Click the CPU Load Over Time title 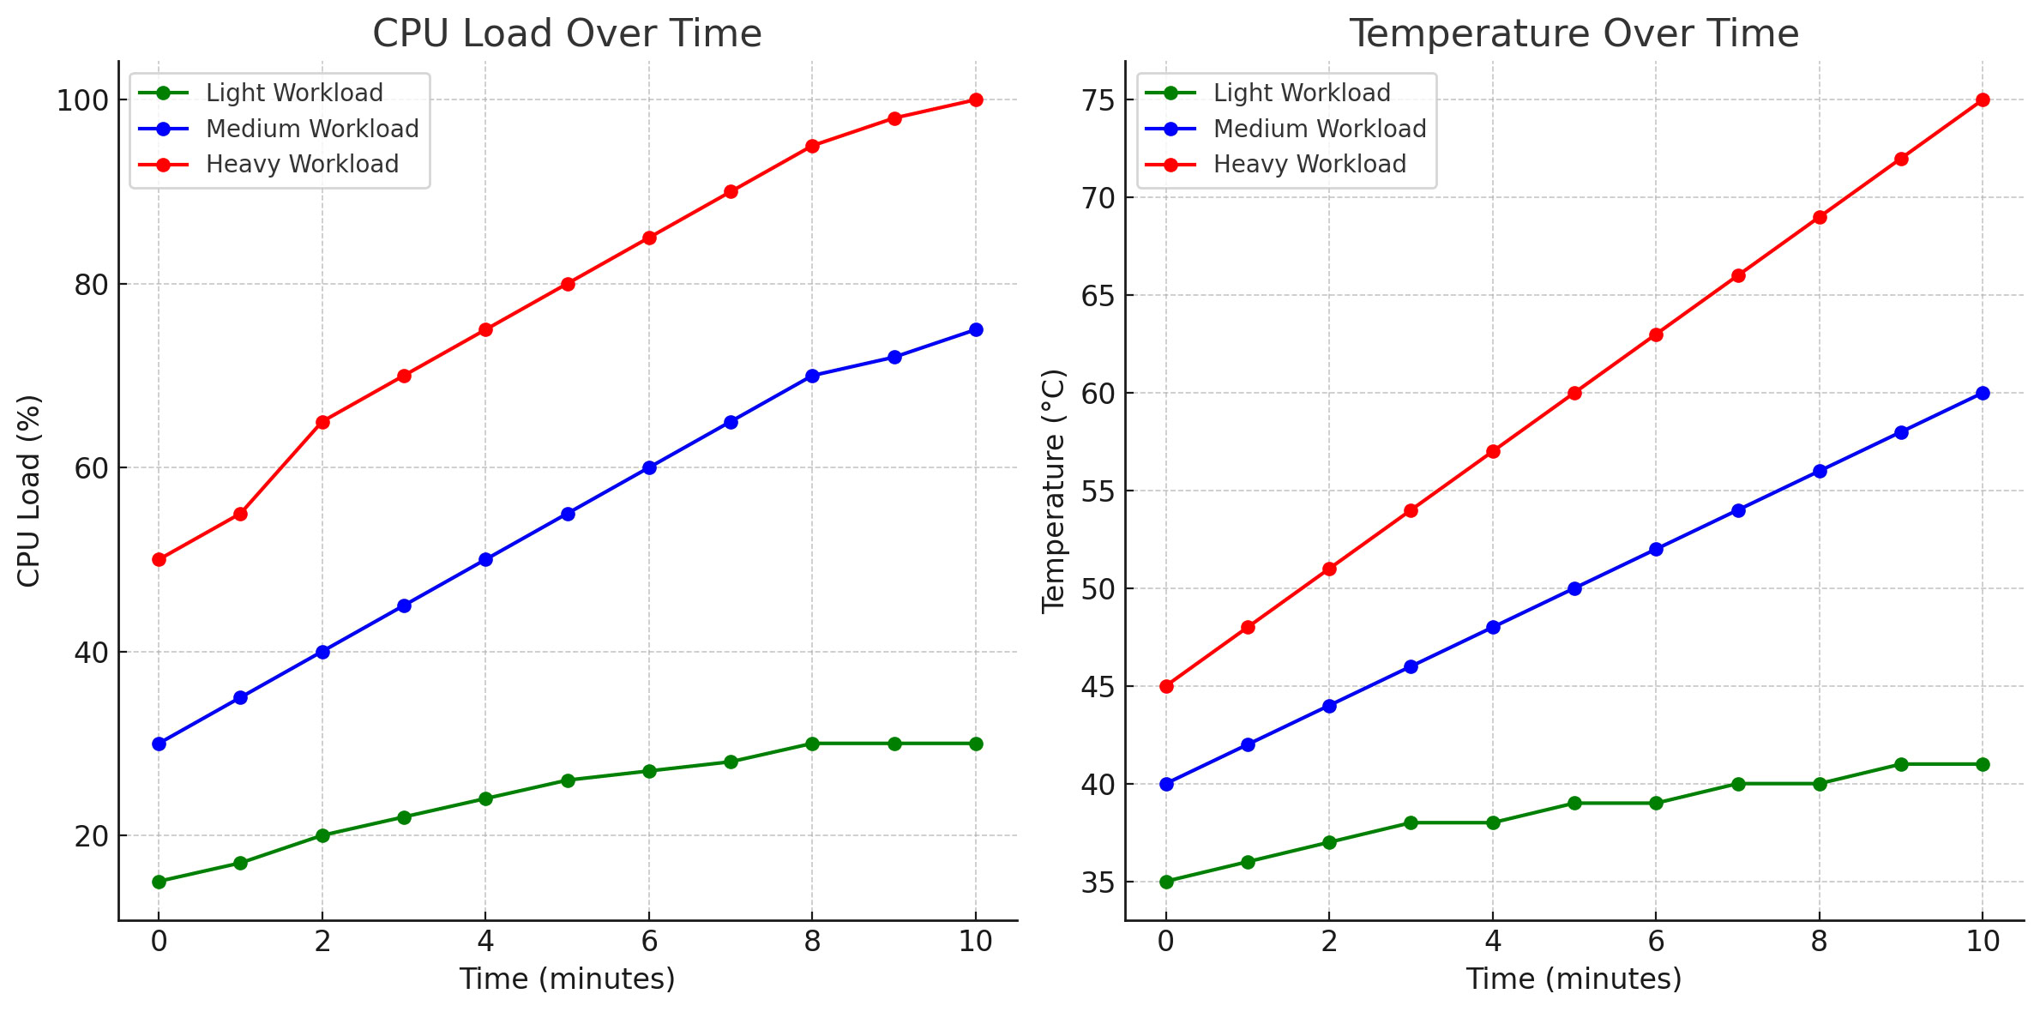point(567,34)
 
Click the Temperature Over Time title point(1574,34)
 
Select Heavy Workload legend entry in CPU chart point(302,164)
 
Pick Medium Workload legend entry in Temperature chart point(1319,129)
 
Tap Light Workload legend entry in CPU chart point(294,93)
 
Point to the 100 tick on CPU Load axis point(82,100)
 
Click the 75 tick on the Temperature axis point(1098,100)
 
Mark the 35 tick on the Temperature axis point(1098,882)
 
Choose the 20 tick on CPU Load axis point(91,836)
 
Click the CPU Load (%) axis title point(29,491)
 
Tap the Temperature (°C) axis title point(1053,491)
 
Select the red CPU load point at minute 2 point(322,422)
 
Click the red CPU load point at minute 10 point(976,100)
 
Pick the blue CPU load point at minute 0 point(159,744)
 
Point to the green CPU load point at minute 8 point(812,744)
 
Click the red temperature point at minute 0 point(1166,686)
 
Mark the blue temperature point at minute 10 point(1983,393)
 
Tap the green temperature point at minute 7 point(1738,784)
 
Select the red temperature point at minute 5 point(1574,393)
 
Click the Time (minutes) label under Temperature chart point(1574,979)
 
